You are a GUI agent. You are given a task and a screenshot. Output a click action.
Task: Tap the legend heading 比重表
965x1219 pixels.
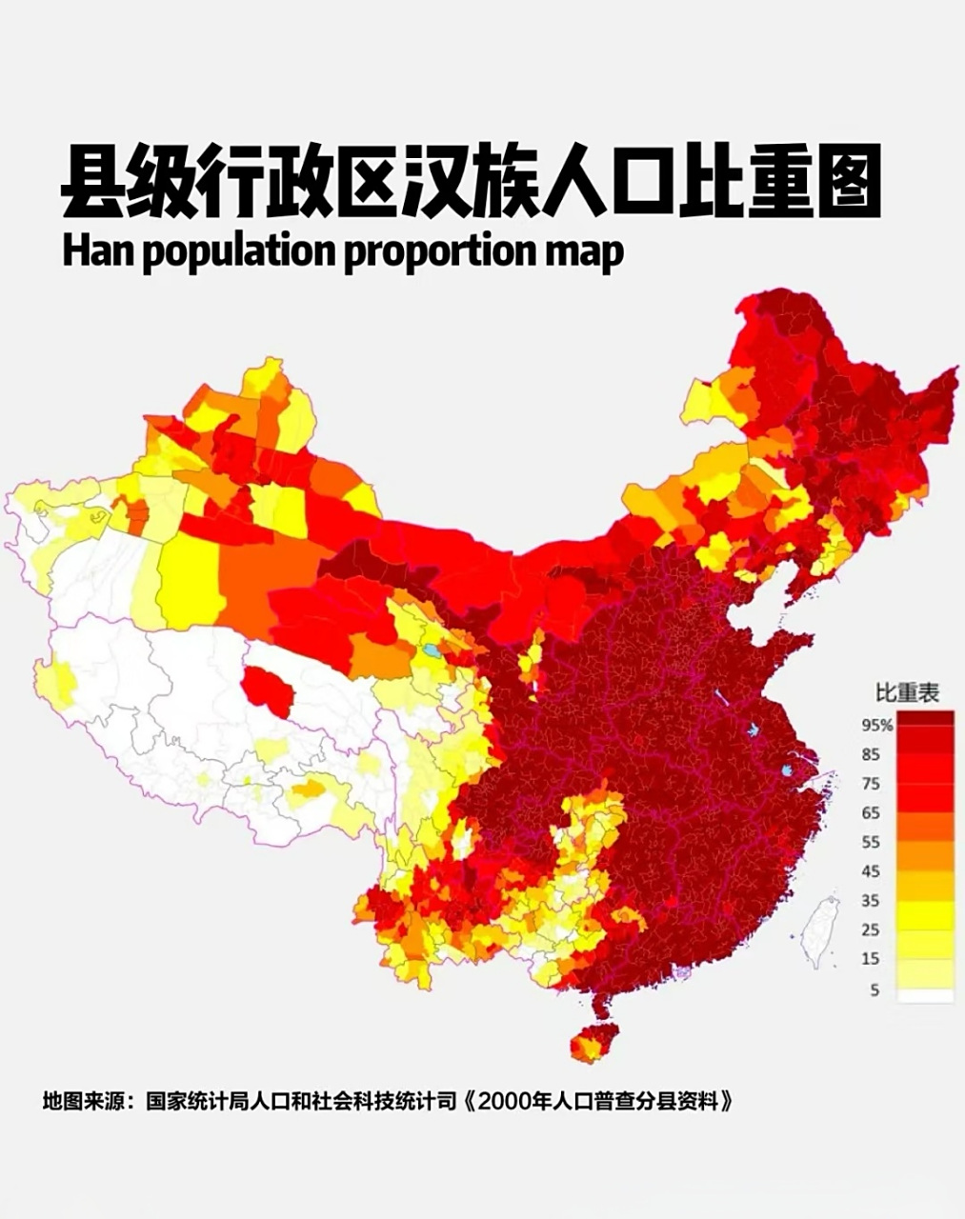click(x=908, y=692)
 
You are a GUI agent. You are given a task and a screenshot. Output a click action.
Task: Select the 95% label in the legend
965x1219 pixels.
click(x=876, y=725)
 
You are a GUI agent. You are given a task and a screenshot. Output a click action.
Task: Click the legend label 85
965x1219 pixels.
click(x=871, y=754)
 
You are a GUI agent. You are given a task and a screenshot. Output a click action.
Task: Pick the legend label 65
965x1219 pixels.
click(x=871, y=812)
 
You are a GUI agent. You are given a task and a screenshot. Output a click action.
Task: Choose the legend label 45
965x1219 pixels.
click(x=871, y=871)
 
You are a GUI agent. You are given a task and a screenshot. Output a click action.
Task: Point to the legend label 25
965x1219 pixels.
click(x=871, y=929)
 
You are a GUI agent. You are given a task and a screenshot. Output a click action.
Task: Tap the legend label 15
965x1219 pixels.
click(x=871, y=959)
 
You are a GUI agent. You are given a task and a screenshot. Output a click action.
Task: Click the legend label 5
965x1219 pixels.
click(x=874, y=989)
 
